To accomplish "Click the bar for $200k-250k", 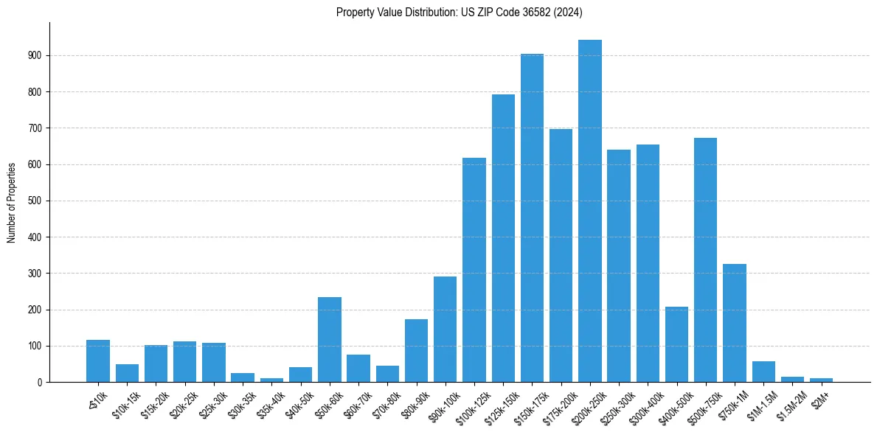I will pyautogui.click(x=590, y=211).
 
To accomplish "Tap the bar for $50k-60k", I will pyautogui.click(x=330, y=339).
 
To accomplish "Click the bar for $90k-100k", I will pyautogui.click(x=446, y=329).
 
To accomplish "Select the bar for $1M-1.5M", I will pyautogui.click(x=763, y=372).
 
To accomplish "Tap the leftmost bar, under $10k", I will pyautogui.click(x=98, y=361).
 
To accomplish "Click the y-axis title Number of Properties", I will pyautogui.click(x=11, y=202).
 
